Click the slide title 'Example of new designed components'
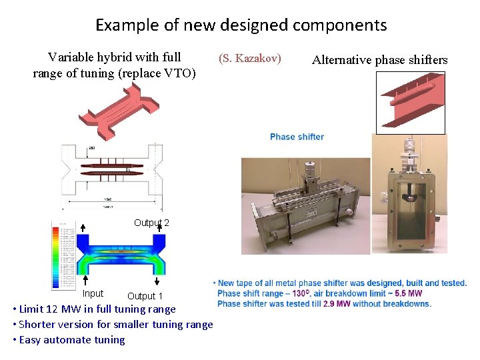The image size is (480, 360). click(241, 25)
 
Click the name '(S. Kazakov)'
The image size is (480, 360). click(250, 59)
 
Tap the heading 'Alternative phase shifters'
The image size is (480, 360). click(379, 60)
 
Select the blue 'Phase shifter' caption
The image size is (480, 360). click(297, 137)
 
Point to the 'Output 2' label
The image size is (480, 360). click(151, 223)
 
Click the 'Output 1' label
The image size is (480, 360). click(145, 296)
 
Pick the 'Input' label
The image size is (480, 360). click(93, 293)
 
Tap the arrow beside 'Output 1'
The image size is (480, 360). click(159, 279)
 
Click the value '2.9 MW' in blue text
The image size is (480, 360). click(338, 304)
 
